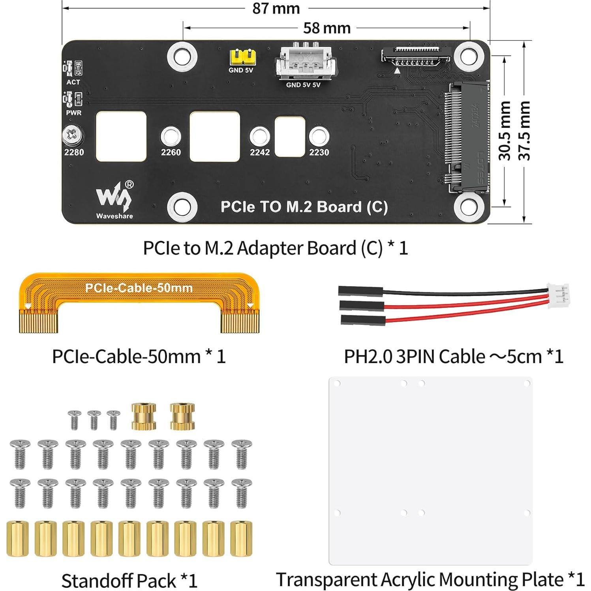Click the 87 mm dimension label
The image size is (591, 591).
click(276, 8)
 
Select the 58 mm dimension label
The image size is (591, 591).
click(326, 28)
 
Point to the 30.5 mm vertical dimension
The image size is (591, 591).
click(505, 131)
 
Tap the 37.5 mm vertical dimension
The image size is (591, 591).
click(524, 131)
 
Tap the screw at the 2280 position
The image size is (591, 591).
click(73, 135)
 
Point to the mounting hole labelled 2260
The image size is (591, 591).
click(171, 137)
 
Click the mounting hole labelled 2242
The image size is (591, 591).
click(259, 137)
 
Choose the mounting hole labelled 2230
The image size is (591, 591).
click(319, 137)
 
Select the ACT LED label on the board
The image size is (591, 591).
click(73, 82)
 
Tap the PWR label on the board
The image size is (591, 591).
click(74, 113)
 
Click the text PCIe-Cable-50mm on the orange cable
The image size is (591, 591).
click(139, 288)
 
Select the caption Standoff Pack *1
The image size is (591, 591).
click(129, 581)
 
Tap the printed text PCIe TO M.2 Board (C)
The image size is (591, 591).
click(304, 207)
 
